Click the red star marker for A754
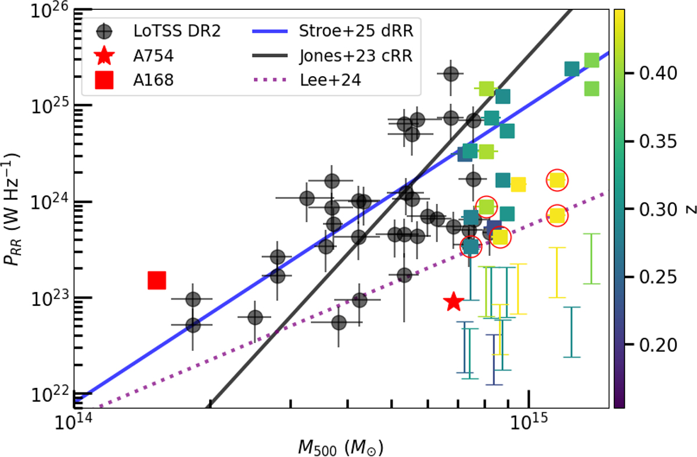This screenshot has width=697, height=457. [x=453, y=301]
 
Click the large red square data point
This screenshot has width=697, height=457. [x=157, y=280]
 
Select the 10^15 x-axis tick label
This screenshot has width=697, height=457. [x=527, y=423]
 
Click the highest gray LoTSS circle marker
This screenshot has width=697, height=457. [x=451, y=74]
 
